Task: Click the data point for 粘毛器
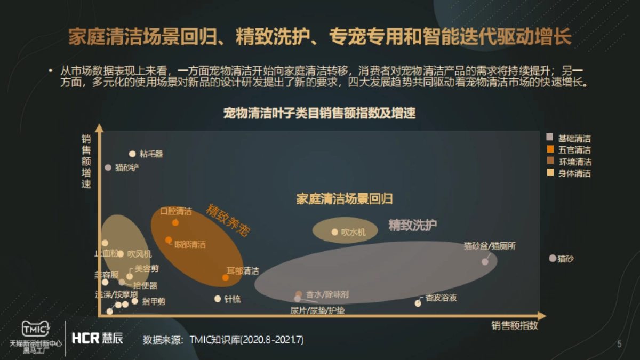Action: (x=132, y=154)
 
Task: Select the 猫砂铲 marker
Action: (x=108, y=167)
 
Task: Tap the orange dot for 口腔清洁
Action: (x=175, y=222)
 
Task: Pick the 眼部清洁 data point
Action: (x=169, y=240)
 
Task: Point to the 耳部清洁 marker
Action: (x=226, y=277)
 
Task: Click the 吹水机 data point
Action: (x=335, y=232)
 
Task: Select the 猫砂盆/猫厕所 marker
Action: (x=485, y=262)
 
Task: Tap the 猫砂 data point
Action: (x=553, y=258)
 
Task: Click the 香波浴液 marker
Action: (x=418, y=303)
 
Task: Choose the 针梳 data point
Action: (x=218, y=299)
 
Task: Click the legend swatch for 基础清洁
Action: (x=550, y=138)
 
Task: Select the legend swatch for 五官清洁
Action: (x=550, y=149)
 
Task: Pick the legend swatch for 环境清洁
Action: (x=550, y=161)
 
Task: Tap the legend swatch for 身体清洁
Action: (x=550, y=173)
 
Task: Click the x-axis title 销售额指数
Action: (x=515, y=325)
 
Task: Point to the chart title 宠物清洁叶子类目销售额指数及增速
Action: (x=319, y=113)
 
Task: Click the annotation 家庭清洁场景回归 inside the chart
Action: (x=345, y=199)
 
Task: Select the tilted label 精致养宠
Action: (x=228, y=220)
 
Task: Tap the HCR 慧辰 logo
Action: (x=97, y=338)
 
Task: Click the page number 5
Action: (x=619, y=344)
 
